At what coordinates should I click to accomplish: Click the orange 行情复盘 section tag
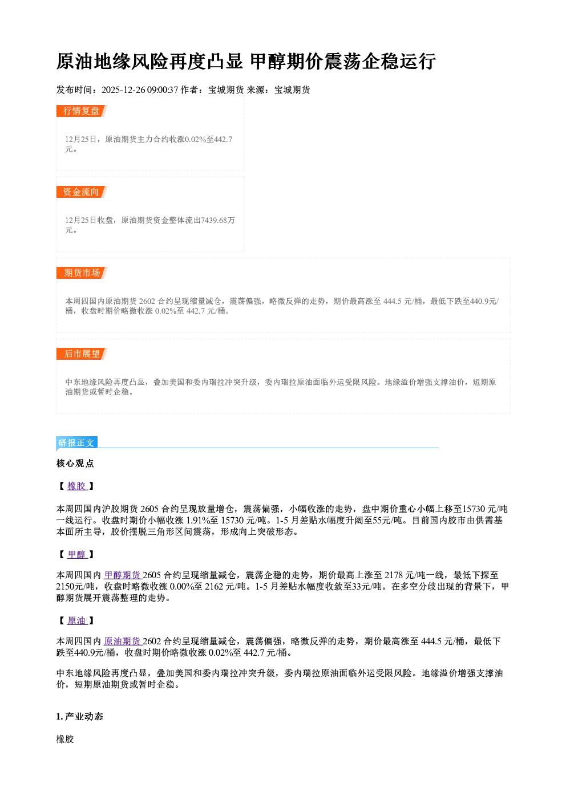[82, 111]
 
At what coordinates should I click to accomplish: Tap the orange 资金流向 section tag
[82, 192]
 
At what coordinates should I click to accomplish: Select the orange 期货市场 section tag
[82, 273]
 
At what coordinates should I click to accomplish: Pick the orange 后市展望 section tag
[82, 354]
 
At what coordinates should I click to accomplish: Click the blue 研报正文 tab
[76, 443]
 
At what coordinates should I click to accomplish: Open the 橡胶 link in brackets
[77, 486]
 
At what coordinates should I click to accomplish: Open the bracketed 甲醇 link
[77, 554]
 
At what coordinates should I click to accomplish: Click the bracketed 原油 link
[77, 620]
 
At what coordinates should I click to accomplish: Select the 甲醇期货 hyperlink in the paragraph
[123, 575]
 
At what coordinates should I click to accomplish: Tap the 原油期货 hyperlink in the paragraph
[123, 641]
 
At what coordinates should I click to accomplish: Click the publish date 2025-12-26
[123, 90]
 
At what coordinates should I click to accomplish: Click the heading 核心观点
[75, 464]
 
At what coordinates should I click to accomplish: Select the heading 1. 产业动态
[80, 716]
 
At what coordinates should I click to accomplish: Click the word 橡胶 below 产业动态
[65, 739]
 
